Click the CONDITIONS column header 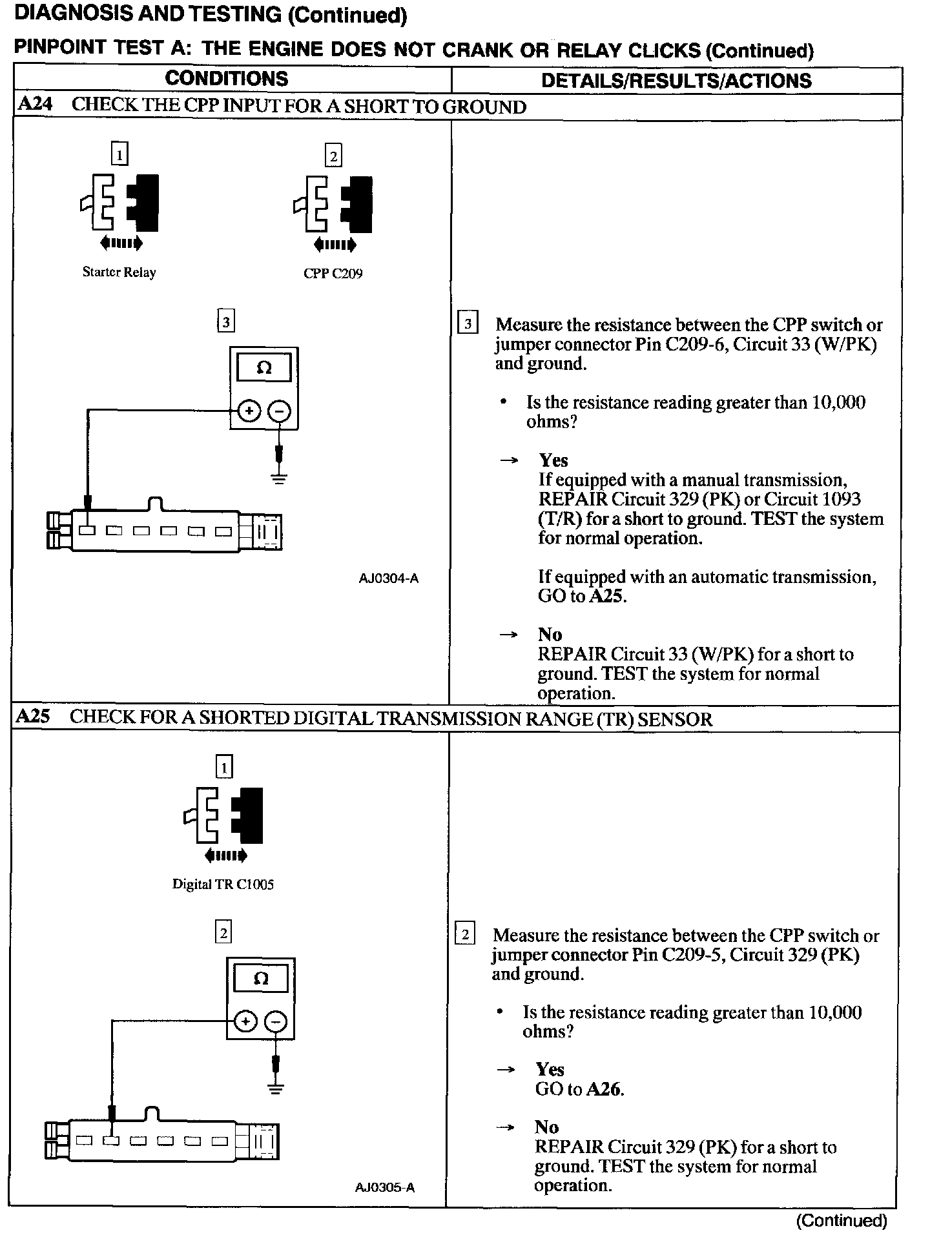tap(226, 79)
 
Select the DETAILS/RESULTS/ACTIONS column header tap(676, 81)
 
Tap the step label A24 tap(35, 105)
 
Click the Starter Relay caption tap(119, 272)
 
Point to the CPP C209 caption tap(333, 274)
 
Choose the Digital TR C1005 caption tap(223, 884)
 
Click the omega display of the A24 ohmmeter tap(264, 368)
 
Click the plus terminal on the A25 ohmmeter tap(245, 1021)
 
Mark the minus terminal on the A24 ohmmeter tap(279, 411)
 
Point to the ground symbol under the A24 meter tap(279, 478)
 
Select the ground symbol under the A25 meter tap(276, 1090)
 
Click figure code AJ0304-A tap(388, 578)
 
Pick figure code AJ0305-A tap(385, 1188)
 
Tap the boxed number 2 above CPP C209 tap(333, 156)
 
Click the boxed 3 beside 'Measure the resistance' tap(468, 323)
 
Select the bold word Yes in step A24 tap(553, 460)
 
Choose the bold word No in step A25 tap(546, 1127)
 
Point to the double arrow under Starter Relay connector tap(120, 243)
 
